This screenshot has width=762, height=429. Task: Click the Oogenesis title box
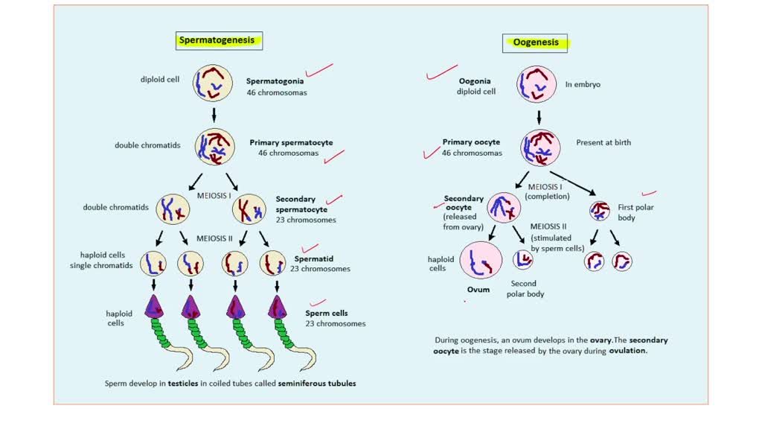click(535, 42)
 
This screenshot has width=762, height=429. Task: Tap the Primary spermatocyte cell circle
click(214, 147)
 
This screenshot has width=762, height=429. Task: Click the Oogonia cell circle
click(537, 83)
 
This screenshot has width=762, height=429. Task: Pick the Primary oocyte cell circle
click(540, 147)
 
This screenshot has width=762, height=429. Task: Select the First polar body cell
click(600, 211)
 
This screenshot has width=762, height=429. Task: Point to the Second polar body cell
click(524, 259)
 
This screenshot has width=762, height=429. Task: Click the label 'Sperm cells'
click(327, 314)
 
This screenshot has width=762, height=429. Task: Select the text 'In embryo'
click(583, 84)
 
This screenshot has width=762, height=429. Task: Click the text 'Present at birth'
click(603, 142)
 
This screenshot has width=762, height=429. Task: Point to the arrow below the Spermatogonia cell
click(214, 115)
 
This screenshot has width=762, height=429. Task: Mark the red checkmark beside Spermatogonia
click(318, 71)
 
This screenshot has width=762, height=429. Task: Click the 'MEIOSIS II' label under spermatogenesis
click(216, 238)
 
